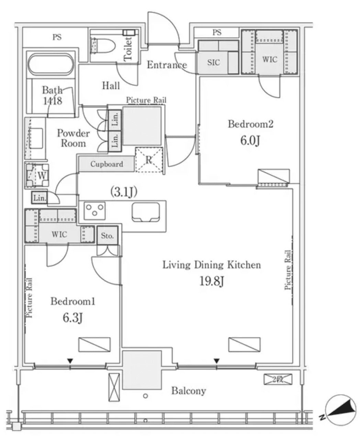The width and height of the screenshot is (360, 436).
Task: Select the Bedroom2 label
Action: [x=250, y=124]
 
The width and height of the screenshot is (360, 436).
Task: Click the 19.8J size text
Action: [x=212, y=281]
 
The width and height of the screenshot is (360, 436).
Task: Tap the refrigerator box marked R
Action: [x=149, y=160]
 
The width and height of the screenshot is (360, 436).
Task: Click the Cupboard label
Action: [x=106, y=164]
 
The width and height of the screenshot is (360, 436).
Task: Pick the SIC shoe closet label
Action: [x=213, y=63]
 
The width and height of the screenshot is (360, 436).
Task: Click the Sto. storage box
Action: [x=107, y=236]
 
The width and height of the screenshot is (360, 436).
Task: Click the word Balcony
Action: [x=189, y=391]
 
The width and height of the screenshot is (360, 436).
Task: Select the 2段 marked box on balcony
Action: [x=278, y=379]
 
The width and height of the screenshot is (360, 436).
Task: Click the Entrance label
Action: [x=167, y=65]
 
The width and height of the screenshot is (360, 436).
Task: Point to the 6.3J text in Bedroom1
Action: [x=72, y=318]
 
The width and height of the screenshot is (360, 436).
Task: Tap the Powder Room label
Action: [x=73, y=138]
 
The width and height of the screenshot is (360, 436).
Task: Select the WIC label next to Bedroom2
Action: [x=270, y=59]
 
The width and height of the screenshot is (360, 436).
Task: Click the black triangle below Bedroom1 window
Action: [x=70, y=361]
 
